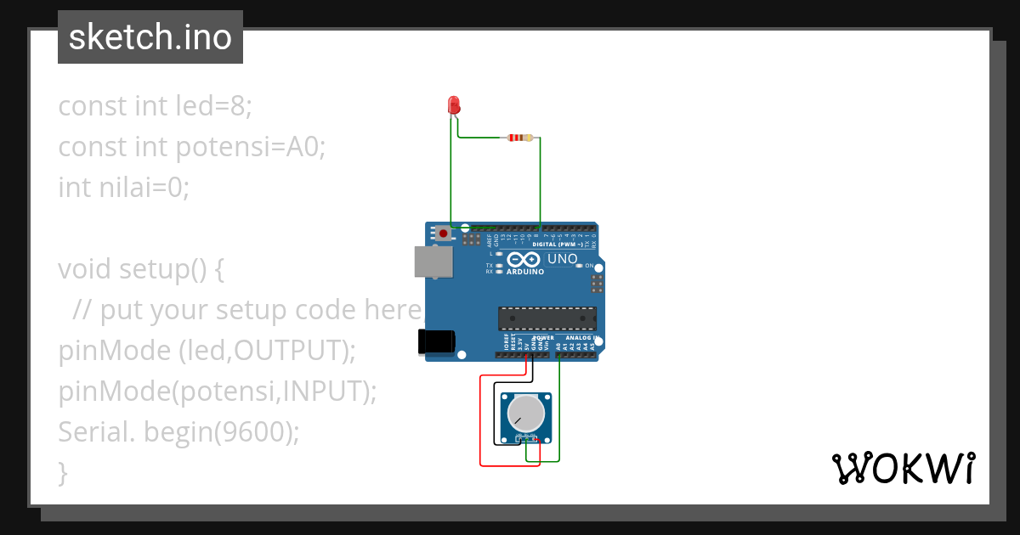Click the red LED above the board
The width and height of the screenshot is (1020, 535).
[x=454, y=105]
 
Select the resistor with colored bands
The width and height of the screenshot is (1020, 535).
[x=519, y=138]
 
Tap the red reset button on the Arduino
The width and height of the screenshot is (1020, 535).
[x=443, y=232]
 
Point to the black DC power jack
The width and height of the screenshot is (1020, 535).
[x=436, y=341]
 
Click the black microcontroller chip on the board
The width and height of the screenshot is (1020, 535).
[x=547, y=318]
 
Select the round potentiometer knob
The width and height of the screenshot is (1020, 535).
[x=525, y=414]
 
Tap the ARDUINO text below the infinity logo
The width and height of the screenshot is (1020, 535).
[x=525, y=272]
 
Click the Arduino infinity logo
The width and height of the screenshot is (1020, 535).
[x=524, y=259]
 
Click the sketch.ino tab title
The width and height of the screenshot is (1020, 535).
[x=150, y=37]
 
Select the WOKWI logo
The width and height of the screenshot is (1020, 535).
[x=903, y=468]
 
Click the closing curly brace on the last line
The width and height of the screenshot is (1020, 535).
[x=63, y=472]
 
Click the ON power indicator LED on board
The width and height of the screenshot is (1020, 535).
[x=580, y=266]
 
